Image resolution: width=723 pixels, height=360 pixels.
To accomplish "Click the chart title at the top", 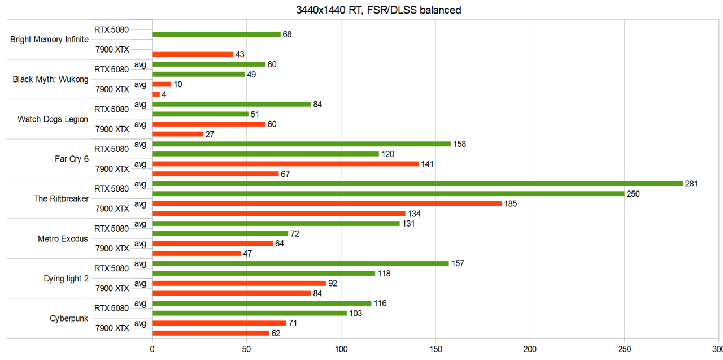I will pyautogui.click(x=370, y=10).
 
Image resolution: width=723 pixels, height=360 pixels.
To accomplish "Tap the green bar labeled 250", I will pyautogui.click(x=388, y=194).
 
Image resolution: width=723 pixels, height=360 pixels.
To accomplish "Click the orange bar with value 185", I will pyautogui.click(x=326, y=203).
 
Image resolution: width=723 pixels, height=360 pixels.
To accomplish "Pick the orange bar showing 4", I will pyautogui.click(x=156, y=94).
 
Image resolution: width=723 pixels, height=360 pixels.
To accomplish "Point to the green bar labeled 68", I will pyautogui.click(x=216, y=34).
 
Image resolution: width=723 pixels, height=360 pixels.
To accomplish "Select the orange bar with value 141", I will pyautogui.click(x=285, y=164).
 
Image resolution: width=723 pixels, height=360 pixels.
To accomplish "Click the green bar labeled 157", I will pyautogui.click(x=300, y=263).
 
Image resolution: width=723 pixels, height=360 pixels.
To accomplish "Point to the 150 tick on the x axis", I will pyautogui.click(x=435, y=349).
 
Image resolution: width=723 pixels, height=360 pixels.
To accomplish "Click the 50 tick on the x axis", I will pyautogui.click(x=246, y=349).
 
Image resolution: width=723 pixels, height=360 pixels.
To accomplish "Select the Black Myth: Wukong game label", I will pyautogui.click(x=50, y=79).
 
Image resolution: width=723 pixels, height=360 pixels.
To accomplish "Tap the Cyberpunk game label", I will pyautogui.click(x=69, y=318).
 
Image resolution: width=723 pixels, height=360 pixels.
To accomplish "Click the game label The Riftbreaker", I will pyautogui.click(x=61, y=198).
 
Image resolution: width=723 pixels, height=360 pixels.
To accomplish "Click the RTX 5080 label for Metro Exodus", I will pyautogui.click(x=111, y=228).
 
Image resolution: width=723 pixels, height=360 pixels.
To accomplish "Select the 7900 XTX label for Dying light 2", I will pyautogui.click(x=112, y=288).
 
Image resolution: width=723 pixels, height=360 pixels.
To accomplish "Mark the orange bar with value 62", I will pyautogui.click(x=211, y=333).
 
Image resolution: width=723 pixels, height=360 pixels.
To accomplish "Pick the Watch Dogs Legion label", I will pyautogui.click(x=53, y=119).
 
